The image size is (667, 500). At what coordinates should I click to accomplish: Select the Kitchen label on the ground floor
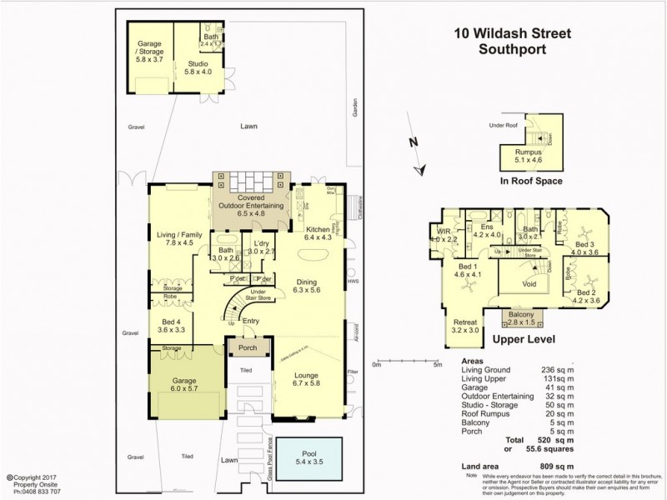[x=318, y=229]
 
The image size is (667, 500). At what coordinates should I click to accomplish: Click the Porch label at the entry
[x=248, y=348]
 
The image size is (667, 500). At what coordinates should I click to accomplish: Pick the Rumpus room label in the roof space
[x=528, y=153]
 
